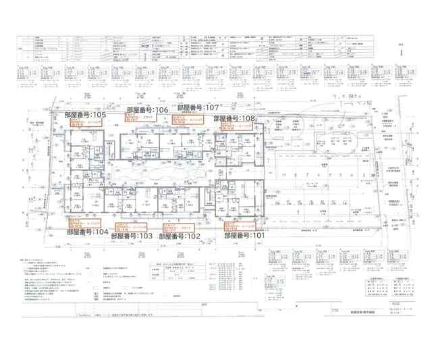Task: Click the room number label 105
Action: (x=105, y=115)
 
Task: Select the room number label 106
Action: (x=147, y=109)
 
